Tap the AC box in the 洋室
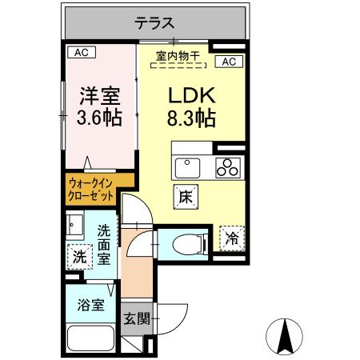(x=80, y=53)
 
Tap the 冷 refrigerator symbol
(x=231, y=238)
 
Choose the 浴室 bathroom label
(x=90, y=305)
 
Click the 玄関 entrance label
(x=135, y=318)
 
